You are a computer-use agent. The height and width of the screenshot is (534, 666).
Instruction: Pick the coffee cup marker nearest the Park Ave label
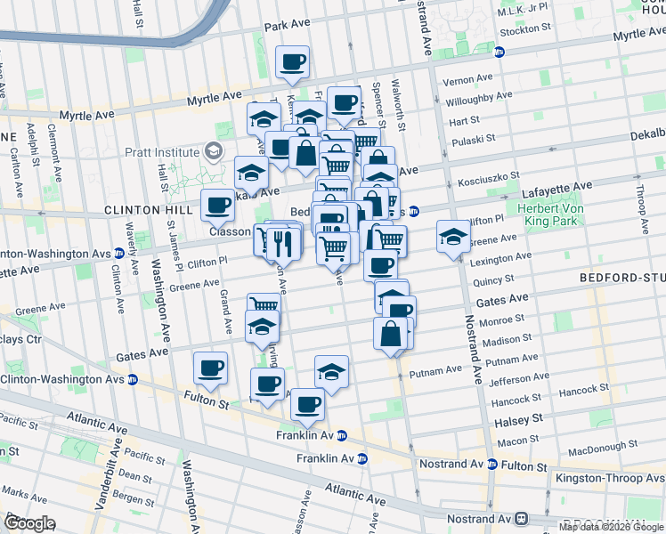pyautogui.click(x=293, y=62)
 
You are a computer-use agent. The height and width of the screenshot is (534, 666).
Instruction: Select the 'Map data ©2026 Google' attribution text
pyautogui.click(x=611, y=527)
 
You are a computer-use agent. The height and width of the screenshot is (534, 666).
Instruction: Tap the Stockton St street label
pyautogui.click(x=526, y=29)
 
